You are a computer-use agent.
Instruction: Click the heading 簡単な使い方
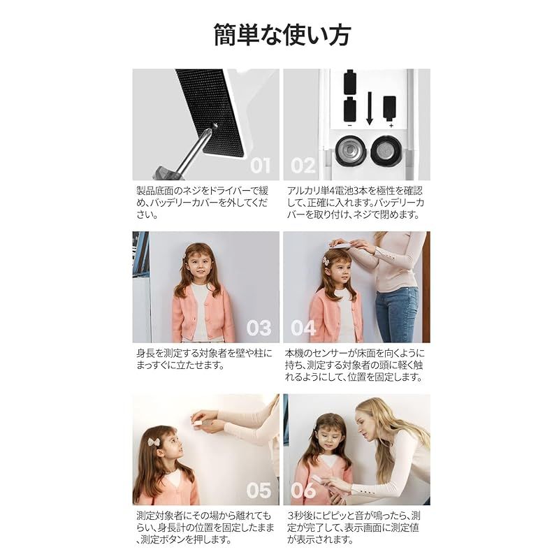click(x=282, y=35)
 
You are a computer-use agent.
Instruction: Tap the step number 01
click(x=260, y=166)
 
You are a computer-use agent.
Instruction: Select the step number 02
click(x=303, y=166)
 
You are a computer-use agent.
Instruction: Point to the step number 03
click(x=259, y=328)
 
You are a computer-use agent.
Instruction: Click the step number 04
click(x=303, y=328)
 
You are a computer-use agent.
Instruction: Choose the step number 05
click(x=259, y=491)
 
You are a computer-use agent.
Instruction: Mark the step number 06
click(x=303, y=491)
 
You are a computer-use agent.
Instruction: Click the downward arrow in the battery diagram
click(x=370, y=108)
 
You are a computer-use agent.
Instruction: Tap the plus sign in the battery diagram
click(x=391, y=126)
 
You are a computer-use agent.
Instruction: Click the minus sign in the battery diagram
click(x=350, y=126)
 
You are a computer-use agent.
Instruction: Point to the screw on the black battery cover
click(x=215, y=124)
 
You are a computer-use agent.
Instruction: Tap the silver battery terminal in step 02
click(x=350, y=151)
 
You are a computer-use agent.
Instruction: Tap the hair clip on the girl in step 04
click(x=326, y=260)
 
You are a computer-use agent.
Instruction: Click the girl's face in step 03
click(x=201, y=266)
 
